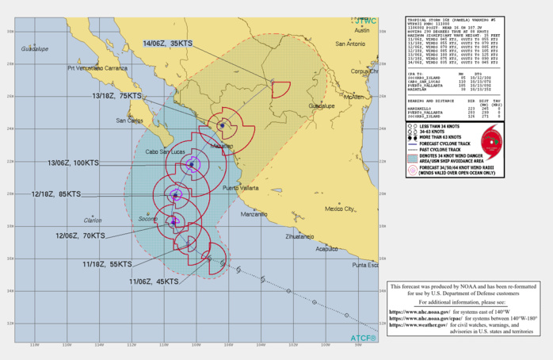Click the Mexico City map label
(x=338, y=209)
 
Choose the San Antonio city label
(x=352, y=44)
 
